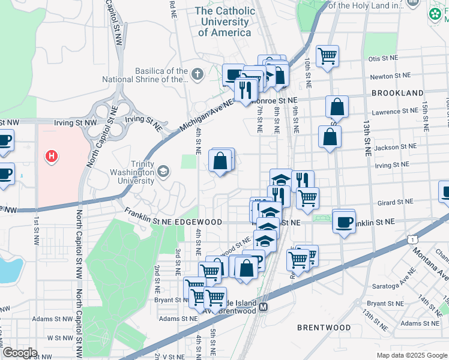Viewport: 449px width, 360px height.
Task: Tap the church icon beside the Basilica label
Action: pyautogui.click(x=197, y=74)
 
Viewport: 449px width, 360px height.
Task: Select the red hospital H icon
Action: pyautogui.click(x=52, y=157)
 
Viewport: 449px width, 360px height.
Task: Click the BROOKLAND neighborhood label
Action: pyautogui.click(x=397, y=93)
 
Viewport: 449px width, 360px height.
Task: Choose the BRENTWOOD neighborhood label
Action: pyautogui.click(x=324, y=328)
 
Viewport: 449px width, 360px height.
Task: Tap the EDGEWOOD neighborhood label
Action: pyautogui.click(x=206, y=222)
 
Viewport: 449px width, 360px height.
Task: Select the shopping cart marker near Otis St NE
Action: pyautogui.click(x=327, y=56)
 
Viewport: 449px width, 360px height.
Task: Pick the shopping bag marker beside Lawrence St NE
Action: pyautogui.click(x=337, y=107)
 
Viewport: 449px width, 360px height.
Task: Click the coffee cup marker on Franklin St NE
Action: pyautogui.click(x=344, y=221)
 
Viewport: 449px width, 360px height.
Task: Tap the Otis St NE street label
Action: pyautogui.click(x=384, y=58)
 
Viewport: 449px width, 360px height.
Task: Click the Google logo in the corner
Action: pyautogui.click(x=20, y=353)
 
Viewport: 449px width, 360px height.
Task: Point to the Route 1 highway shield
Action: pyautogui.click(x=412, y=239)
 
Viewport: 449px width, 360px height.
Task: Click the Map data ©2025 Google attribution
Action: pyautogui.click(x=412, y=355)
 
